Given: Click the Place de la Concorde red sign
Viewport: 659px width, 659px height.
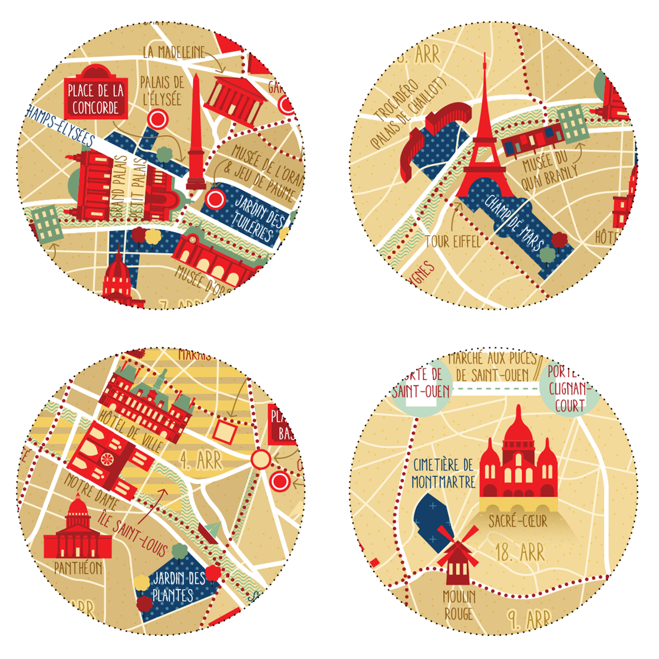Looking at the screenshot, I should coord(95,98).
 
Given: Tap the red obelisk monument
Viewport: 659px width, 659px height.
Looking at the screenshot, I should coord(196,138).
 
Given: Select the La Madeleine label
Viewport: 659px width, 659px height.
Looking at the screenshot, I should coord(174,52).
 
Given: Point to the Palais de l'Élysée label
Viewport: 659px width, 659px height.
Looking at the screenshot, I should coord(162,90).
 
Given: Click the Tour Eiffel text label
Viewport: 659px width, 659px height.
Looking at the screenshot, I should coord(452,241).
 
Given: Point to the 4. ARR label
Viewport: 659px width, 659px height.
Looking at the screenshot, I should coord(201,461).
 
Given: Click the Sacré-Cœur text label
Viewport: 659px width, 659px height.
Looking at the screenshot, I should coord(517,521).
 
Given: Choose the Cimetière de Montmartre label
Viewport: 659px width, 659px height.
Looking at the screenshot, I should coord(443,474).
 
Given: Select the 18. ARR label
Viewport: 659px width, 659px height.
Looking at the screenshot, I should coord(520,553).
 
